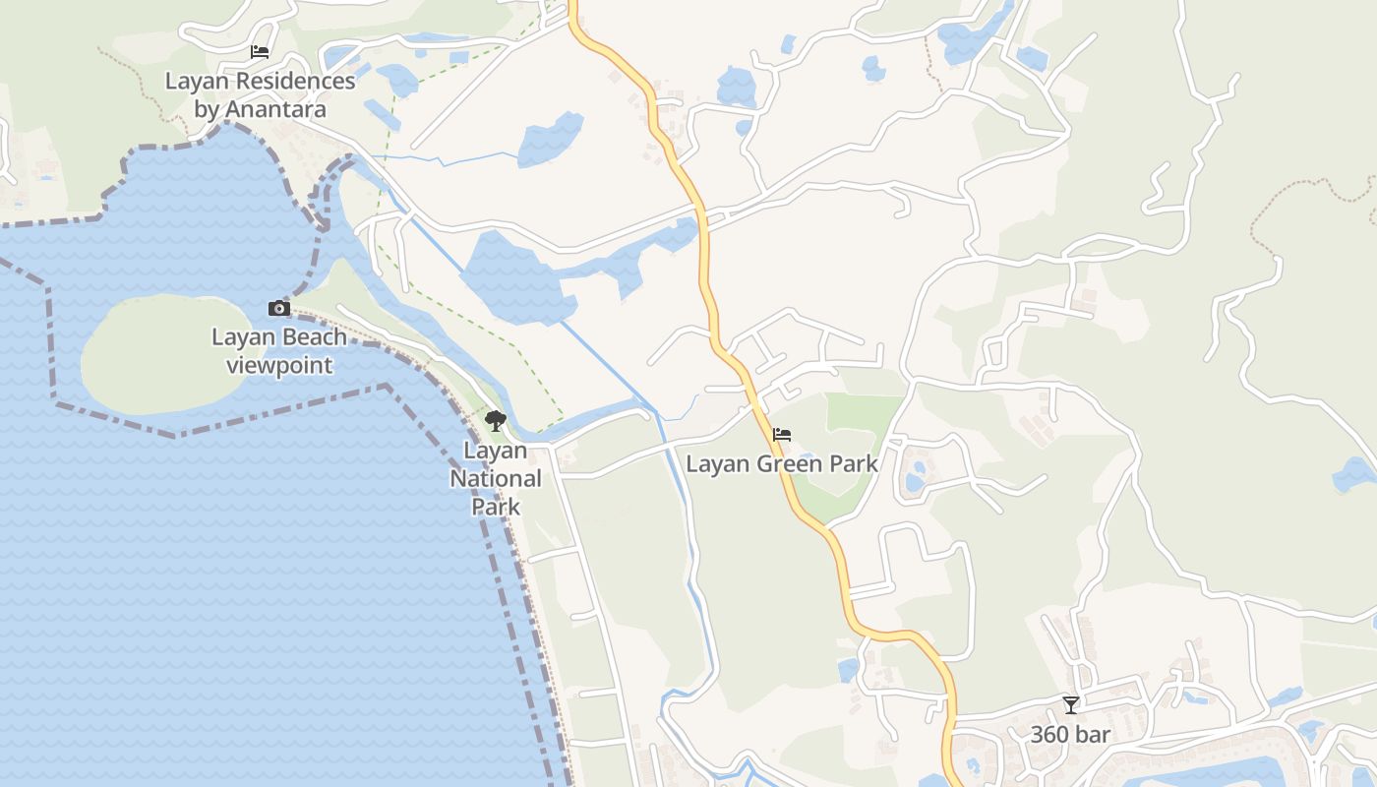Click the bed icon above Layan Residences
pos(260,52)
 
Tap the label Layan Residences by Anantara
pos(260,94)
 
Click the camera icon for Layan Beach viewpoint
pos(279,309)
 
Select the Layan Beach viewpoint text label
pos(279,351)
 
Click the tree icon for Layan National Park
pos(496,422)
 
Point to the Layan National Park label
pos(496,479)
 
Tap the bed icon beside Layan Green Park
pos(782,434)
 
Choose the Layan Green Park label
pos(782,463)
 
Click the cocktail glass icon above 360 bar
pos(1071,704)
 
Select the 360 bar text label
pos(1070,734)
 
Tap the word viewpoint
pos(279,366)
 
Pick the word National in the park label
pos(496,479)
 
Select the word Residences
pos(295,81)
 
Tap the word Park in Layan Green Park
pos(852,463)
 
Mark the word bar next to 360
pos(1094,734)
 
